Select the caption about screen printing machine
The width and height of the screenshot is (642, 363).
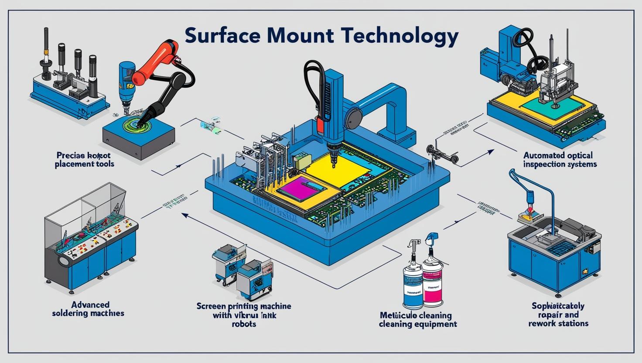[244, 315]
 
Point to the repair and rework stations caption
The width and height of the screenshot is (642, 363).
[558, 315]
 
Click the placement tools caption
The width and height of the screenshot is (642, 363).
[84, 159]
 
